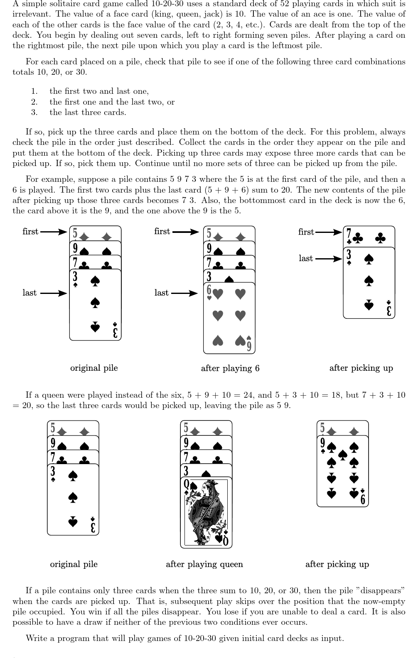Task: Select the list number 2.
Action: coord(34,102)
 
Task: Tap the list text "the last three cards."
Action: coord(88,112)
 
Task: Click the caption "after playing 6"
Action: coord(230,368)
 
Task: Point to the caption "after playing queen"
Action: coord(204,564)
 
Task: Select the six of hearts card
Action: coord(229,318)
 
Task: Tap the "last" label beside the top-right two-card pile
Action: coord(306,258)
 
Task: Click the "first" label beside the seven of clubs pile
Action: coord(306,232)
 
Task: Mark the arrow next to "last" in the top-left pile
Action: coord(54,294)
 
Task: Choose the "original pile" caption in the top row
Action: coord(94,368)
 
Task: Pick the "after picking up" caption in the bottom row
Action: coord(337,564)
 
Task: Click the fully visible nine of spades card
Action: coord(342,471)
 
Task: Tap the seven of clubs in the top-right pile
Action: coord(369,237)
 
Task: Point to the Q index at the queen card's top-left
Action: coord(186,484)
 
